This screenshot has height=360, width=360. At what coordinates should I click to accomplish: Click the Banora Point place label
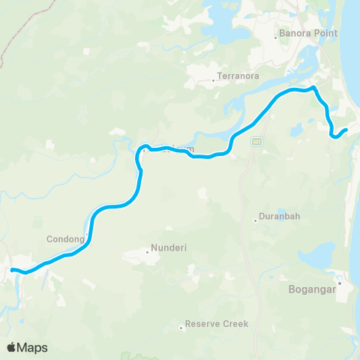click(x=308, y=34)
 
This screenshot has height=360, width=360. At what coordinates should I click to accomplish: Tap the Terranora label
click(x=238, y=76)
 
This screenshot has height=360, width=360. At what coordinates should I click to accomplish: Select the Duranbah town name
click(x=279, y=217)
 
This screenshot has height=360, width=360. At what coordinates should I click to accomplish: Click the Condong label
click(x=66, y=240)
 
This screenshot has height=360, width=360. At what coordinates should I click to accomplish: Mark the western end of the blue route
click(x=11, y=268)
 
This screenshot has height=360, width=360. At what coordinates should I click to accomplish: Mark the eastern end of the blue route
click(x=346, y=130)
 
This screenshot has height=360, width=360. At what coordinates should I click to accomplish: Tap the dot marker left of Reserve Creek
click(x=181, y=327)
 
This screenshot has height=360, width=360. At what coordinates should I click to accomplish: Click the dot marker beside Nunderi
click(x=148, y=251)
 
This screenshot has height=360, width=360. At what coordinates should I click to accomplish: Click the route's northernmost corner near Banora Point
click(x=315, y=88)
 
